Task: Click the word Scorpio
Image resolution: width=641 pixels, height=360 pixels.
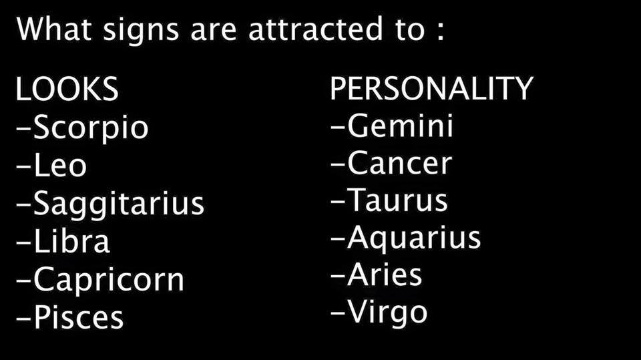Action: [90, 128]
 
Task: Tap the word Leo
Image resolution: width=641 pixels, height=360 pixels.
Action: [60, 164]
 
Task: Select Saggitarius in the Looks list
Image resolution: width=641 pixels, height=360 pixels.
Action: [119, 204]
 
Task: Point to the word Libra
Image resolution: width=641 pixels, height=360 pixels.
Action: [71, 240]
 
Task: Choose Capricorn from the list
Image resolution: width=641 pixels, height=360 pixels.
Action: [109, 280]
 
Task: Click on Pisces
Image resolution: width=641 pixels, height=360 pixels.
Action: [79, 317]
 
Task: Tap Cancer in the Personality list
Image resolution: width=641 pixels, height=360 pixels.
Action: [400, 163]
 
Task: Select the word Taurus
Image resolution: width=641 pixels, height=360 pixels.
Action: [397, 200]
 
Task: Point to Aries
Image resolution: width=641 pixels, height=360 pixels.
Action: [385, 274]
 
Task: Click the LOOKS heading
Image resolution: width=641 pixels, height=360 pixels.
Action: [67, 89]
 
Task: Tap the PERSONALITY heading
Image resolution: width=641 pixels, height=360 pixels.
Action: [431, 88]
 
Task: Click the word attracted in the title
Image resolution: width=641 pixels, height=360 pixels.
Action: [315, 29]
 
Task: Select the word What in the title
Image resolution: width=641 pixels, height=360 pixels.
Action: [54, 29]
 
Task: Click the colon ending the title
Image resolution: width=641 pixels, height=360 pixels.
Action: [440, 32]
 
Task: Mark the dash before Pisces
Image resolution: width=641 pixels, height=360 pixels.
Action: [24, 318]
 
